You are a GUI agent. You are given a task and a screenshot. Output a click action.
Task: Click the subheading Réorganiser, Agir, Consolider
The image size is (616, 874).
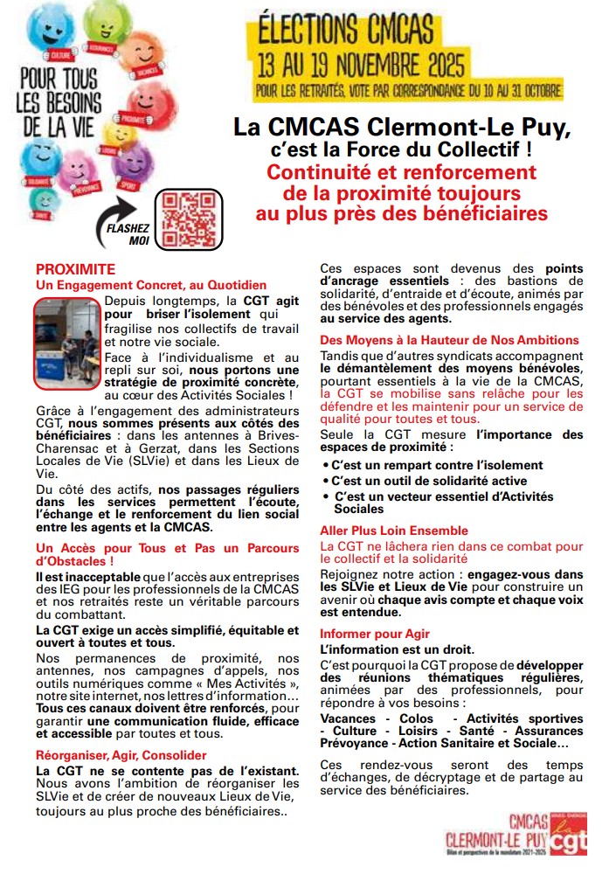point(121,754)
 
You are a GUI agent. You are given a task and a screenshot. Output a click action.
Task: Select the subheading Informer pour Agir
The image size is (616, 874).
point(375,633)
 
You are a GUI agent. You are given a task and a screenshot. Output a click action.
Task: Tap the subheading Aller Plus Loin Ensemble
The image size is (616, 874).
point(394,531)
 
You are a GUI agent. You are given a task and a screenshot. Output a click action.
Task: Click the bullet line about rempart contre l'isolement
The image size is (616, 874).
point(436,465)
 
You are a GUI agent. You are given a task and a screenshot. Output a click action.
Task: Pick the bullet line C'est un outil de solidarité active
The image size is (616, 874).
point(428,481)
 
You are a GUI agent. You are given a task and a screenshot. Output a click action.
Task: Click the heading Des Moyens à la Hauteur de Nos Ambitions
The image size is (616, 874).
point(449,340)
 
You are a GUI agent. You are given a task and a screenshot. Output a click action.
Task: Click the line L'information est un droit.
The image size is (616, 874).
point(398,649)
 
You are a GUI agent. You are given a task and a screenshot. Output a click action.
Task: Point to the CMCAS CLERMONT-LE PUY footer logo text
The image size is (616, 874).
point(494,834)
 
